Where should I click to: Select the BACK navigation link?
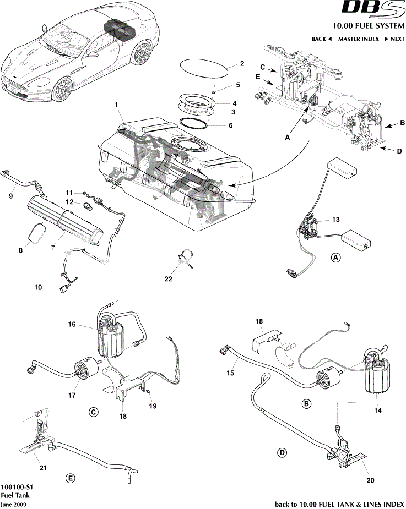[x=321, y=39]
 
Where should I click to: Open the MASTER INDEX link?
[x=358, y=39]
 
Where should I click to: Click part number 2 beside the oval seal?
[x=242, y=63]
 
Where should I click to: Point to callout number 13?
[x=335, y=219]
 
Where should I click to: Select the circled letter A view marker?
[x=335, y=258]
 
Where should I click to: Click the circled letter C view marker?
[x=94, y=411]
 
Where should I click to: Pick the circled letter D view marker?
[x=282, y=452]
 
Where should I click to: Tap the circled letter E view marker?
[x=71, y=478]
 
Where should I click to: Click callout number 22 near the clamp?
[x=169, y=279]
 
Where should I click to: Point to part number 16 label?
[x=72, y=325]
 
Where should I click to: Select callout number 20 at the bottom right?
[x=370, y=480]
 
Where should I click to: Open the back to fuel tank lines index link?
[x=339, y=503]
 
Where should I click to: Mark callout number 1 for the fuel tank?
[x=116, y=105]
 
